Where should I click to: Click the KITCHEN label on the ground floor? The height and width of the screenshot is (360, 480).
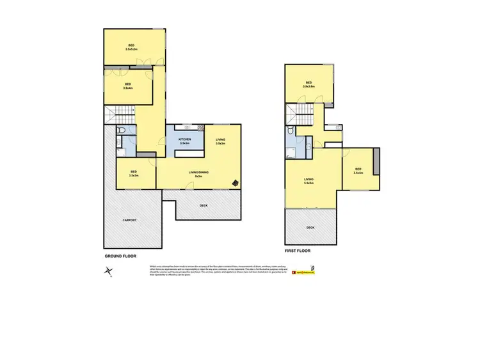point(185,141)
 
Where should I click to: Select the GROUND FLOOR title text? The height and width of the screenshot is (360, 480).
point(120,256)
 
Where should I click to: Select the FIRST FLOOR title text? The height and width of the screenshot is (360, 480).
point(298,251)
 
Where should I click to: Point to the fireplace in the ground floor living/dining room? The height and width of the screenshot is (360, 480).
point(236,182)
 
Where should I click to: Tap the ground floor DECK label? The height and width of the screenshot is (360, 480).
point(204,205)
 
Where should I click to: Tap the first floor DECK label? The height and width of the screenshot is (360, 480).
point(310,227)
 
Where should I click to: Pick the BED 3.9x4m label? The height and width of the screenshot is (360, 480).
point(128,86)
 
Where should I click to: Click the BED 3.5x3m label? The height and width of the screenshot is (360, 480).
point(134,173)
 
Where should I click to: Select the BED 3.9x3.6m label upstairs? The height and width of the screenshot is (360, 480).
point(308,84)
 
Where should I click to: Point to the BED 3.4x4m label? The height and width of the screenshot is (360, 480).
point(358,171)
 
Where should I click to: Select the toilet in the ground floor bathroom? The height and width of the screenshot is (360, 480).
point(121,132)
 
